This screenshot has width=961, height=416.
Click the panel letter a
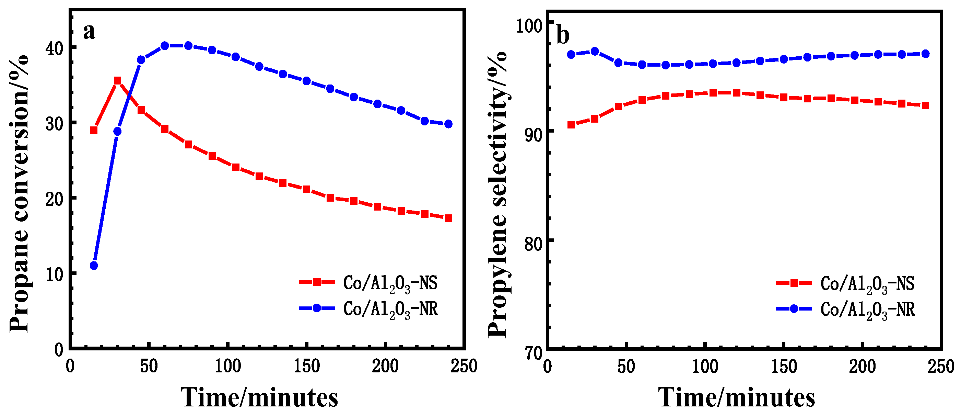[x=89, y=31]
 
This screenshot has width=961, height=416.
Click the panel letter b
[x=563, y=35]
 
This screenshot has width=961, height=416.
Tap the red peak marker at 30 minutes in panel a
[x=118, y=81]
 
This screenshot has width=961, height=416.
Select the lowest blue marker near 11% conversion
[x=94, y=266]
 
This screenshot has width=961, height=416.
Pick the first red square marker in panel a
[x=94, y=130]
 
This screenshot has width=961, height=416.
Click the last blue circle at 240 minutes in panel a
[x=448, y=124]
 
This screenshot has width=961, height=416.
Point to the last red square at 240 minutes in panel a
[x=448, y=218]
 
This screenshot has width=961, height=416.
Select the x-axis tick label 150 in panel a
[x=307, y=366]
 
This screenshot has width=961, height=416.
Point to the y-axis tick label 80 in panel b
[x=534, y=244]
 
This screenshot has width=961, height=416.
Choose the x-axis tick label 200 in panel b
[x=863, y=366]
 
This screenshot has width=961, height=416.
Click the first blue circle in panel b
[x=571, y=55]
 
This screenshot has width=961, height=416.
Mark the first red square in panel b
[x=571, y=124]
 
